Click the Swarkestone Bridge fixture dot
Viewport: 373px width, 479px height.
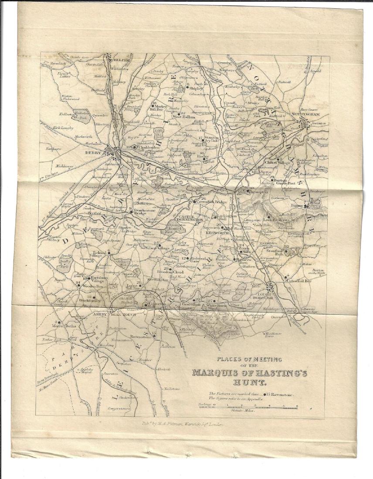131,209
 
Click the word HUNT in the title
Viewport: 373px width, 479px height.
243,383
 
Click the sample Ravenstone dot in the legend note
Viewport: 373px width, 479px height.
264,395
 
